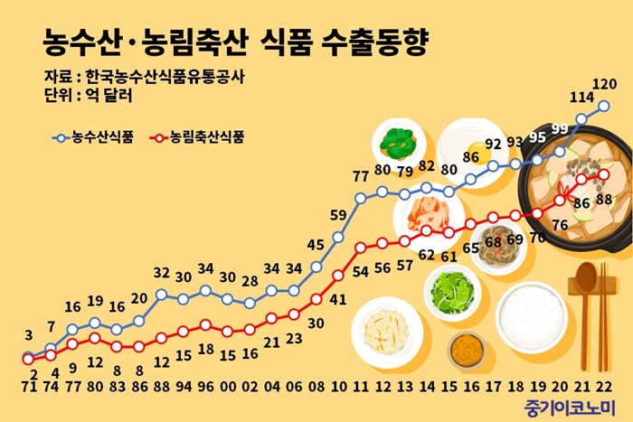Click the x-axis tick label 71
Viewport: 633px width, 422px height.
pyautogui.click(x=28, y=386)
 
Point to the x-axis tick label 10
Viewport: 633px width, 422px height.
pyautogui.click(x=339, y=386)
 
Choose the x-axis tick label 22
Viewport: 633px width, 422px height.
pyautogui.click(x=604, y=386)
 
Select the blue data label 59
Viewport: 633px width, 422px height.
pyautogui.click(x=339, y=214)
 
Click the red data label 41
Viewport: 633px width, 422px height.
pyautogui.click(x=339, y=299)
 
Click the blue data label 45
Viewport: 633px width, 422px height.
pyautogui.click(x=316, y=244)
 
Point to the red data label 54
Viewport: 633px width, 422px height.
pyautogui.click(x=360, y=270)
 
